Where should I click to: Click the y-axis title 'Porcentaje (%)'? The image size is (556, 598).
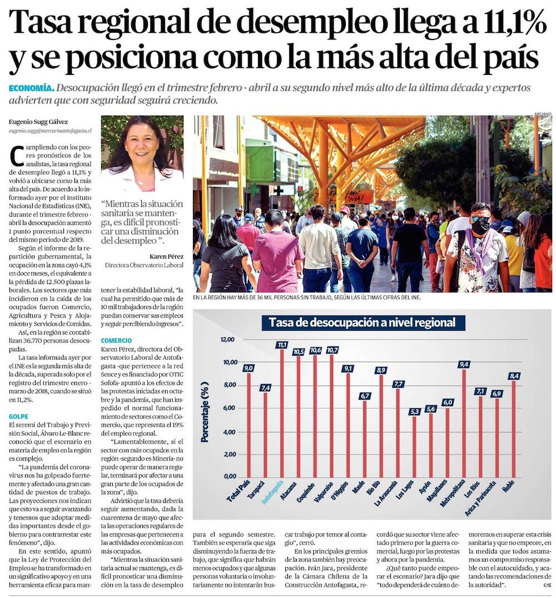205,412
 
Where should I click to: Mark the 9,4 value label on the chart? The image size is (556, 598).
464,365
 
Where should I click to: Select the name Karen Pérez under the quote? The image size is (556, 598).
166,256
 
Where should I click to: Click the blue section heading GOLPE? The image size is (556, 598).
19,416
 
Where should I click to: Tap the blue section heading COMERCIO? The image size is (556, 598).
116,340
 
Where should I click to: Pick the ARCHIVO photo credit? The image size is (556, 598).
542,113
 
